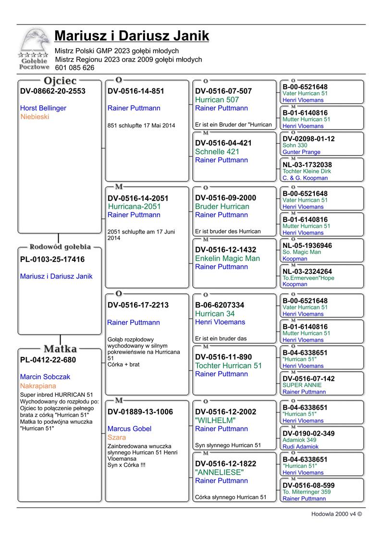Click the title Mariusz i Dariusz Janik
pyautogui.click(x=132, y=36)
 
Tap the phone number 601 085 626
pyautogui.click(x=74, y=68)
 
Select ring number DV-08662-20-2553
pyautogui.click(x=53, y=91)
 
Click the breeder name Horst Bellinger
pyautogui.click(x=43, y=108)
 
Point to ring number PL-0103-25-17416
pyautogui.click(x=52, y=259)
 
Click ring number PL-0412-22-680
pyautogui.click(x=48, y=360)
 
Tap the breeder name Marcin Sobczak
pyautogui.click(x=45, y=377)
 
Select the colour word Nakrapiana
pyautogui.click(x=38, y=386)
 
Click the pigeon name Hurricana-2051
pyautogui.click(x=135, y=207)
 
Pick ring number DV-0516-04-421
pyautogui.click(x=223, y=143)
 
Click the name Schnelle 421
pyautogui.click(x=217, y=152)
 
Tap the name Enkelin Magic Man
pyautogui.click(x=227, y=258)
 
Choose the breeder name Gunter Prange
pyautogui.click(x=301, y=152)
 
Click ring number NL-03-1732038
pyautogui.click(x=307, y=165)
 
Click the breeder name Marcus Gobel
pyautogui.click(x=129, y=429)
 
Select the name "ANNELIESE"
pyautogui.click(x=219, y=472)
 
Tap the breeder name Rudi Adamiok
pyautogui.click(x=301, y=447)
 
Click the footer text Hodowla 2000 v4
pyautogui.click(x=336, y=514)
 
